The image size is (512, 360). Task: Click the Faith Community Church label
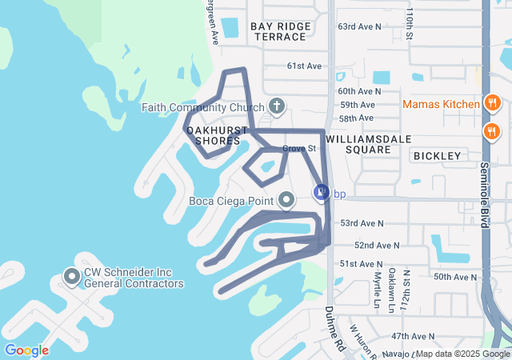click(x=203, y=107)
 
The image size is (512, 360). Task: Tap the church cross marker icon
click(x=277, y=106)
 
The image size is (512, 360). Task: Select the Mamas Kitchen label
click(x=441, y=104)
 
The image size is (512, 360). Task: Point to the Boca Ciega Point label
click(x=231, y=201)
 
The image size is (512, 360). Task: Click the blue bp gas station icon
click(x=321, y=193)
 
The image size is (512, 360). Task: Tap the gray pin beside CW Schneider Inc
click(x=71, y=278)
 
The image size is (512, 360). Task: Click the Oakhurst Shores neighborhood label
click(x=213, y=134)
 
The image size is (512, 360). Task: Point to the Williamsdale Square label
click(x=369, y=143)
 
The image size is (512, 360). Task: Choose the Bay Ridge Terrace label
click(x=279, y=32)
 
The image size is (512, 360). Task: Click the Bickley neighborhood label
click(x=438, y=155)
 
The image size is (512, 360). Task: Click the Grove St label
click(x=300, y=148)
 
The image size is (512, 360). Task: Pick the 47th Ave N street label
click(x=413, y=336)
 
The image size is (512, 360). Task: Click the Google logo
click(x=26, y=350)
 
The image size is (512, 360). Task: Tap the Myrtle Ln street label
click(x=378, y=292)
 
